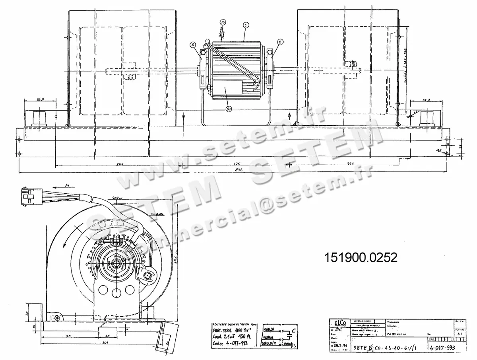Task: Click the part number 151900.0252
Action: [361, 257]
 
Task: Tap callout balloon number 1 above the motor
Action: [246, 25]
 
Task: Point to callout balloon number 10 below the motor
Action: [229, 109]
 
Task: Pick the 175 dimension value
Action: [238, 163]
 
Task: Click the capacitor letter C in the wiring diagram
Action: [293, 330]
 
